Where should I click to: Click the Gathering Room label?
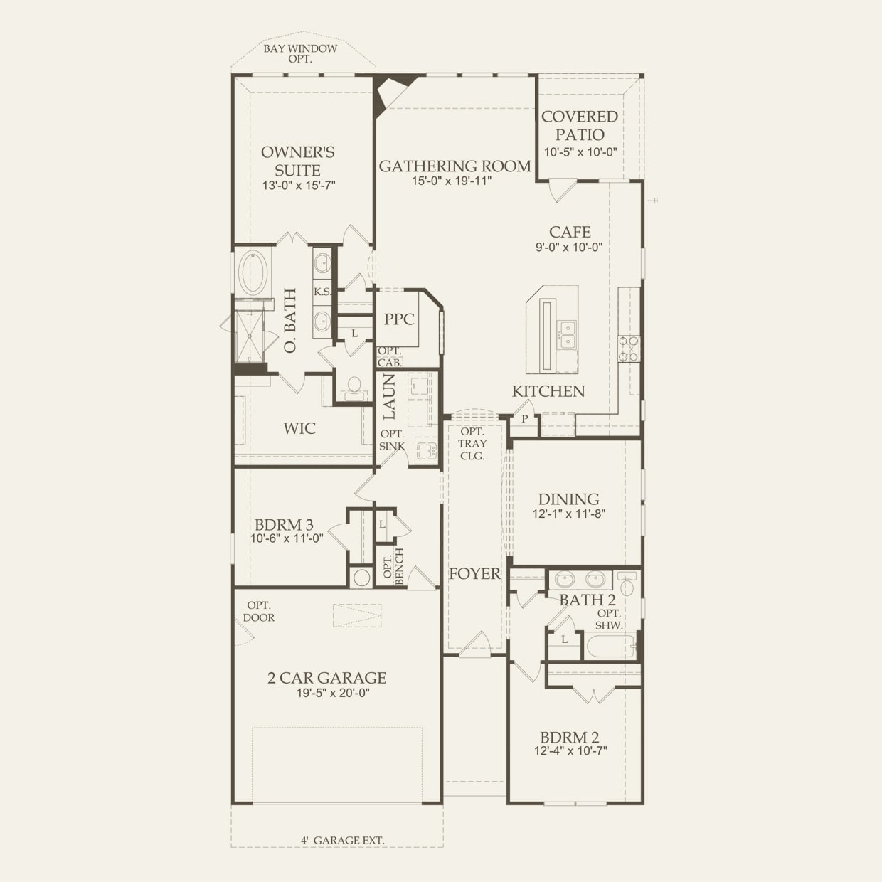pos(455,166)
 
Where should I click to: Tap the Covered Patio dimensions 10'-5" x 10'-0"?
pos(580,152)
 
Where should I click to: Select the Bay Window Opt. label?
pos(300,53)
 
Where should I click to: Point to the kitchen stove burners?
pos(629,349)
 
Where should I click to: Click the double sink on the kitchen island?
pos(567,335)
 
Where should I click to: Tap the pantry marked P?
pos(524,418)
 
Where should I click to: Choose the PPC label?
pos(399,319)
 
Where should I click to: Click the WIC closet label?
pos(299,428)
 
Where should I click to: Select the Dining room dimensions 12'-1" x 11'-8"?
pos(569,514)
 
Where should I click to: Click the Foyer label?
pos(474,573)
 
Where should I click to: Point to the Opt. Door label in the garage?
pos(259,612)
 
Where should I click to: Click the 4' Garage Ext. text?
pos(343,840)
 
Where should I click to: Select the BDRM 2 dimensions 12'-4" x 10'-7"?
pos(570,751)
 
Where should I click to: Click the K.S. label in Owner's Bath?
pos(323,292)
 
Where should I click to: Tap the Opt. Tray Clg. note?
pos(472,444)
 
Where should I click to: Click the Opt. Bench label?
pos(393,566)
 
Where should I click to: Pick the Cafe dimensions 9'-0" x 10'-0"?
pos(569,247)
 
